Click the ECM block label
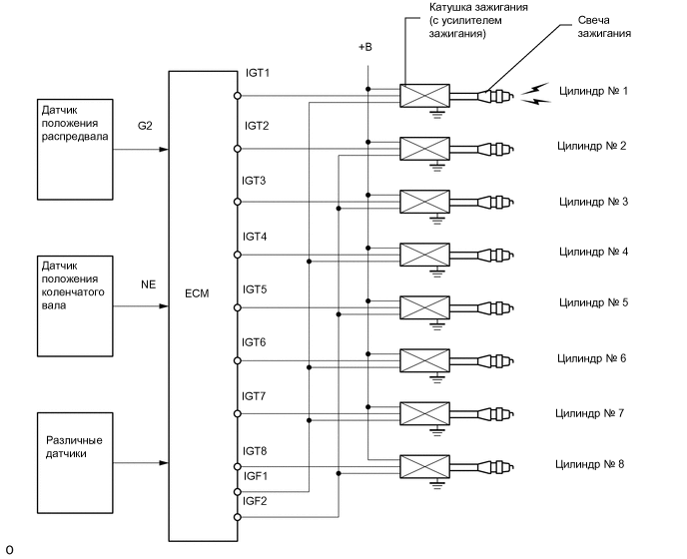point(196,295)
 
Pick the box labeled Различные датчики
point(75,445)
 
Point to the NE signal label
point(148,284)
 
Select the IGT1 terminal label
point(258,74)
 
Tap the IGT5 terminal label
point(256,289)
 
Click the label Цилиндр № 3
point(593,202)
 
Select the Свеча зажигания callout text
point(604,26)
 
